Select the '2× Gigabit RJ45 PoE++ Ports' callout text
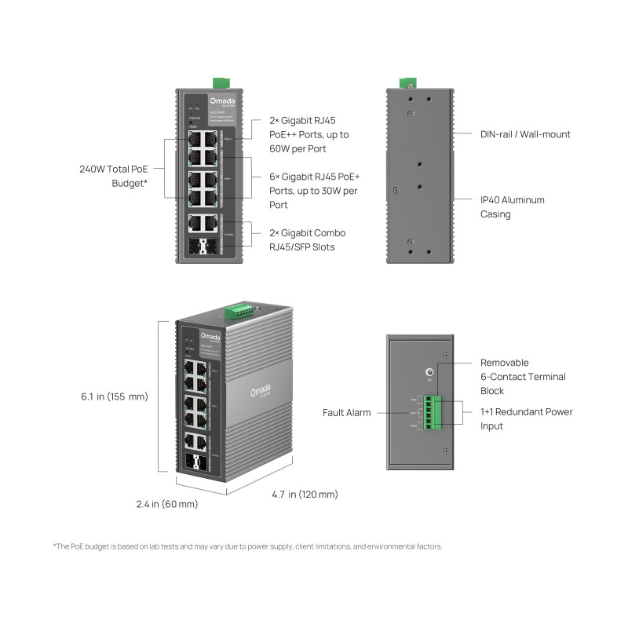point(309,134)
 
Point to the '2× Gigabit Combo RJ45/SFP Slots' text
point(307,240)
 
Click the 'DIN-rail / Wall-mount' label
point(525,134)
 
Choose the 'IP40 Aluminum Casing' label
point(512,207)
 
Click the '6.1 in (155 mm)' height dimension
point(114,396)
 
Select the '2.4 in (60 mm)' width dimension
point(166,504)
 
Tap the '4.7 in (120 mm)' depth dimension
point(305,495)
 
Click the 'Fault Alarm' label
point(346,412)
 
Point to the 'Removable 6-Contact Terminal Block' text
point(523,377)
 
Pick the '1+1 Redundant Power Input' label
point(526,418)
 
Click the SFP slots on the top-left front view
point(203,249)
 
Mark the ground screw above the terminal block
point(429,374)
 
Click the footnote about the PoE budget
point(247,546)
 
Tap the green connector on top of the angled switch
point(239,312)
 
